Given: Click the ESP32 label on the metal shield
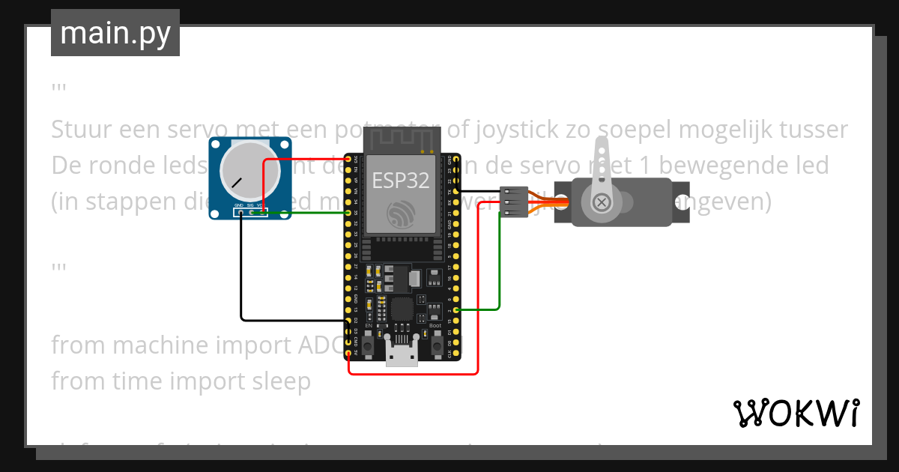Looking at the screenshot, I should point(401,180).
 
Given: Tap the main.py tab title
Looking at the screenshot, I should point(115,33).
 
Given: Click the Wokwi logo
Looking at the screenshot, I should point(796,413).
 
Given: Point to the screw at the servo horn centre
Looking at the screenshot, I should point(602,202).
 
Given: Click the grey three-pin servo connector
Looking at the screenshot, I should point(513,202).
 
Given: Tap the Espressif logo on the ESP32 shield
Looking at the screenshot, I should point(401,214).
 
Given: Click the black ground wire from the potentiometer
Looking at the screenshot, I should point(241,285).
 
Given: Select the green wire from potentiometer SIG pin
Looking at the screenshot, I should point(307,214).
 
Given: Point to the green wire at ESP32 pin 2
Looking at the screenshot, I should point(479,309).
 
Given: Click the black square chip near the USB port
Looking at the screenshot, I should point(402,307).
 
